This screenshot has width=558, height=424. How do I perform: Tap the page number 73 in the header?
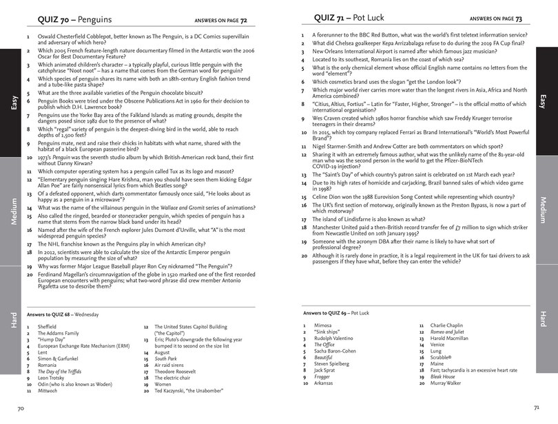click(x=519, y=18)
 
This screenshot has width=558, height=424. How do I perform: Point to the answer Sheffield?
click(x=48, y=326)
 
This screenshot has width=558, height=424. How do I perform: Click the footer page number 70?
click(x=21, y=408)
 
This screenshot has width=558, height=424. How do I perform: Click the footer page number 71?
click(x=536, y=408)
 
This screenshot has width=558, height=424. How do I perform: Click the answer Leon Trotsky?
click(x=52, y=377)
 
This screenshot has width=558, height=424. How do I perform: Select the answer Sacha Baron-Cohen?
click(x=337, y=350)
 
